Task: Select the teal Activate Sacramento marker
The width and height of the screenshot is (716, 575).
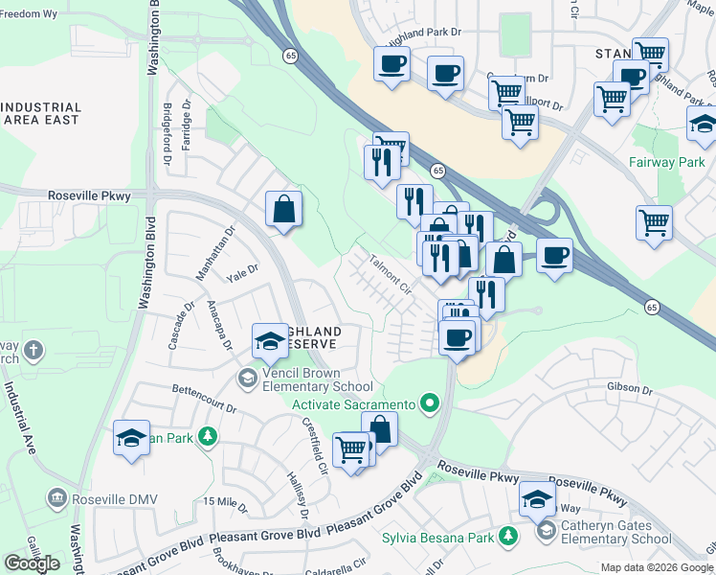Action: pyautogui.click(x=430, y=402)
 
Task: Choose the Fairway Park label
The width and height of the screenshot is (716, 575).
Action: pyautogui.click(x=666, y=163)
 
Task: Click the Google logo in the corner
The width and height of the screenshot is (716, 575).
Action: pyautogui.click(x=32, y=563)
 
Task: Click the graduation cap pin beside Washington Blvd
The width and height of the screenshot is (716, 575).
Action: pyautogui.click(x=131, y=439)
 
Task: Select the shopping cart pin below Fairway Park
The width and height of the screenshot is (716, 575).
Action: pyautogui.click(x=654, y=222)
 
